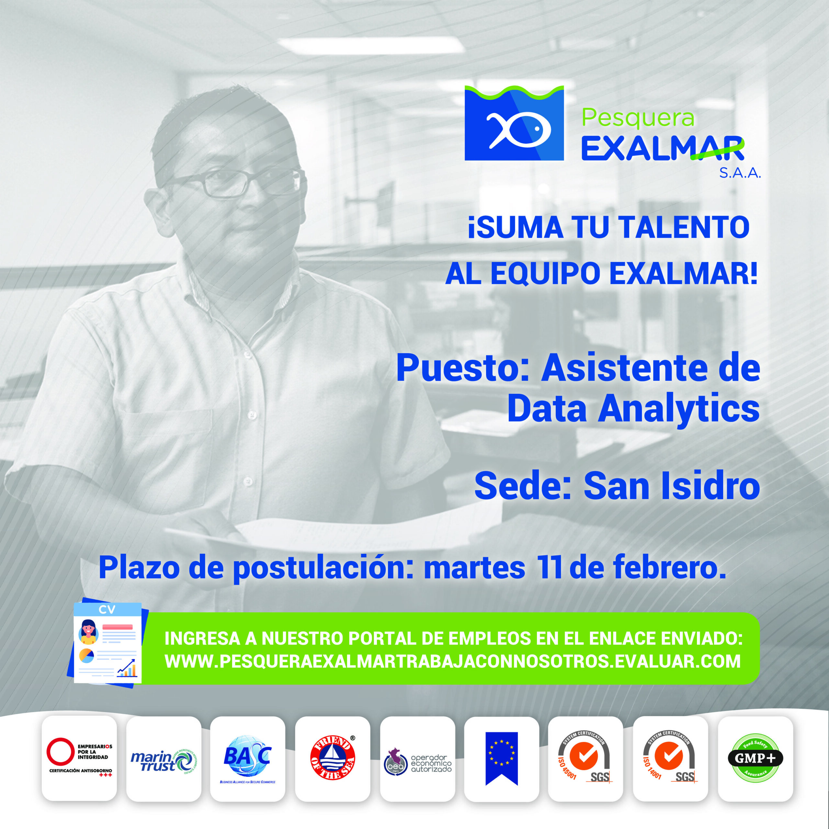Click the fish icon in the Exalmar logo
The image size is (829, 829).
point(518,129)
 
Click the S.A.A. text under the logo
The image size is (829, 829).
point(740,173)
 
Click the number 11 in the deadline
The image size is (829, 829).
point(550,567)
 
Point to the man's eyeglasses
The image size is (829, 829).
point(232,182)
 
